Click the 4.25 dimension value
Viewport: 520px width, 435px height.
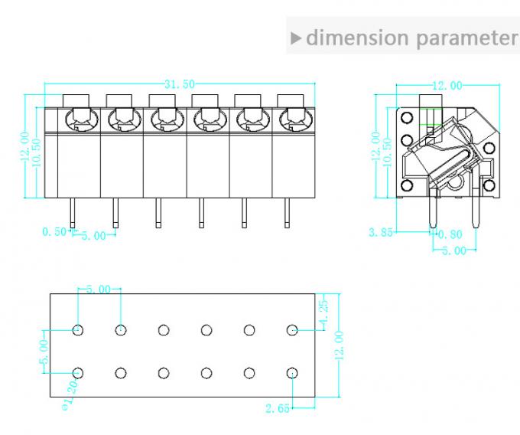(324, 312)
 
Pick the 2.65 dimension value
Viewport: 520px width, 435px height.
(278, 409)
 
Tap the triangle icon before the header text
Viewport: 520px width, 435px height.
(297, 38)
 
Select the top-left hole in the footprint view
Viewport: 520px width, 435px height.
(78, 331)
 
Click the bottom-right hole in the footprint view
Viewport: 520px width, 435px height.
(292, 373)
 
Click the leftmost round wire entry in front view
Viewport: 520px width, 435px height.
(78, 119)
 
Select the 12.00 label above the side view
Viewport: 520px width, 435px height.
(447, 85)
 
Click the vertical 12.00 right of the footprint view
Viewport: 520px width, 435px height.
(340, 345)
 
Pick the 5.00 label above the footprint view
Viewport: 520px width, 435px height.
(99, 289)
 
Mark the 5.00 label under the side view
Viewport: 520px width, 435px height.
(454, 250)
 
